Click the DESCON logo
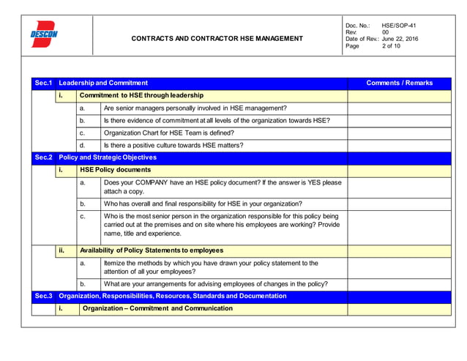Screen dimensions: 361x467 click(x=44, y=34)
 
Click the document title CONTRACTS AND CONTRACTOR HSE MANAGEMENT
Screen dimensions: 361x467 click(x=217, y=38)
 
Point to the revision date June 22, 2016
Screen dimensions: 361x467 click(x=400, y=39)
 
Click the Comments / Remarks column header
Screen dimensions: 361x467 click(x=399, y=83)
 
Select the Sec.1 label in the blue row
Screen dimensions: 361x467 click(x=43, y=83)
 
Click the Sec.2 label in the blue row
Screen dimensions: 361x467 click(x=43, y=157)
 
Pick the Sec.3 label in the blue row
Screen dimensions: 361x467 click(x=43, y=297)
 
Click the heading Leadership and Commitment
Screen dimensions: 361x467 click(x=103, y=83)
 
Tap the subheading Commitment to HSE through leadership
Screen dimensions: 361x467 click(x=141, y=96)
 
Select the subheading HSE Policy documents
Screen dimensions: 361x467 click(x=115, y=170)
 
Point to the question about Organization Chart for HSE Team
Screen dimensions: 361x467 click(x=168, y=133)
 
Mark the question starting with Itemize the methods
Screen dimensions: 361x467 click(x=211, y=267)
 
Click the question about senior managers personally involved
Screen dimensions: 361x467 click(x=195, y=108)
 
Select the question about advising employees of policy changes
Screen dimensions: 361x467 click(x=215, y=284)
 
